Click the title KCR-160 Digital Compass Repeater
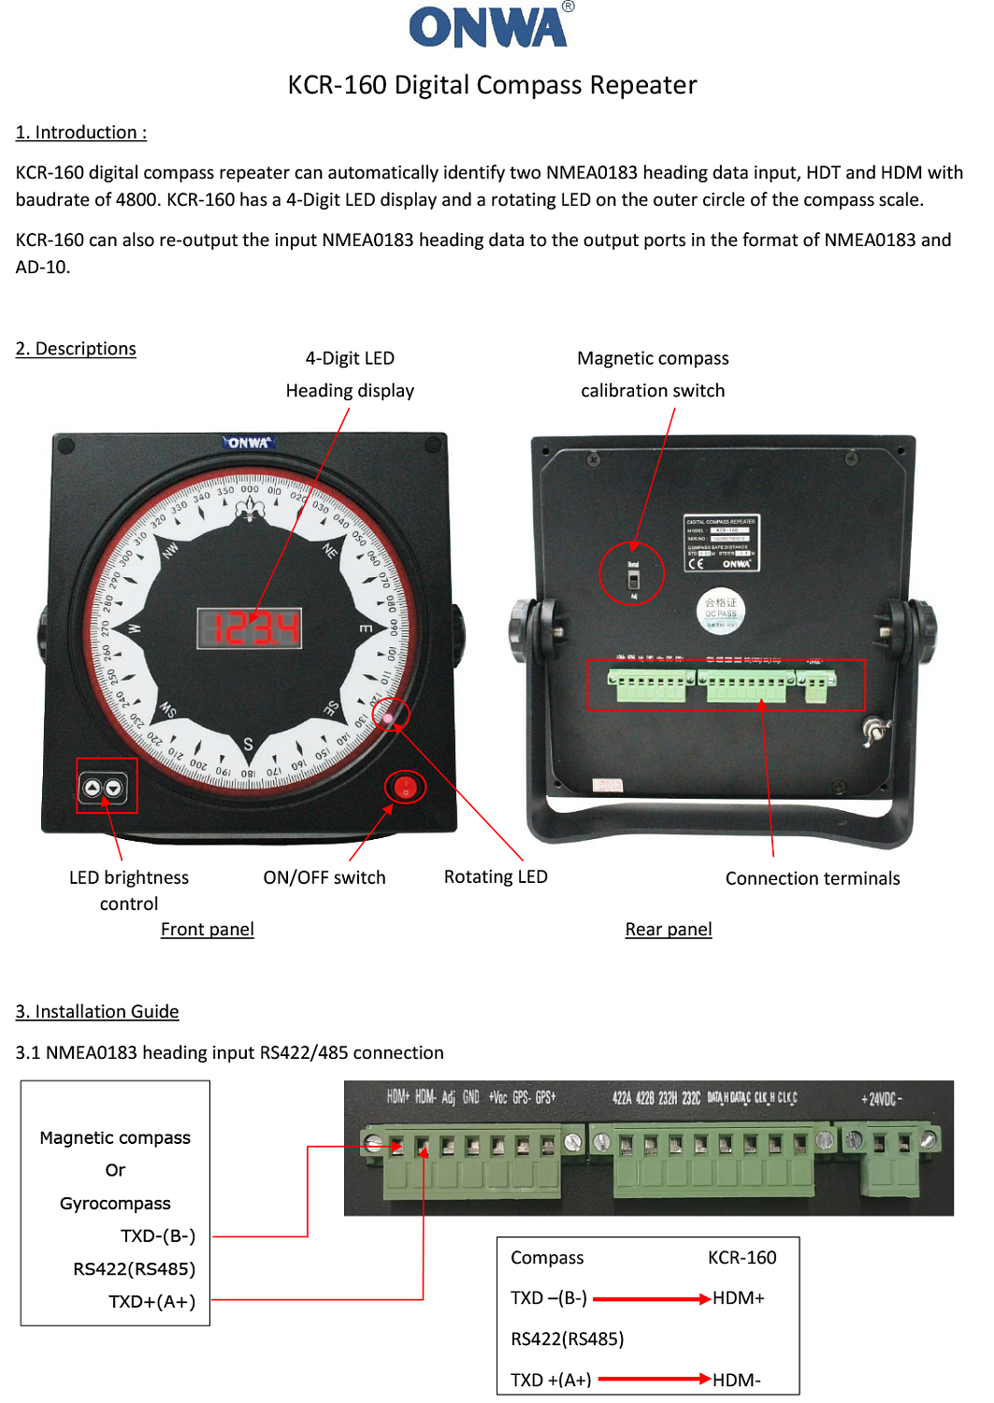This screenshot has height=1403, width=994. (x=492, y=85)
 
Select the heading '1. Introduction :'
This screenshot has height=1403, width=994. (x=81, y=132)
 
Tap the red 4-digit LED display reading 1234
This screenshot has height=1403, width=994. (x=250, y=628)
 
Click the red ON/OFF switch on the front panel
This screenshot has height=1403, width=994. (x=405, y=787)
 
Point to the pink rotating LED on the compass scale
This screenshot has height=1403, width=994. (x=388, y=718)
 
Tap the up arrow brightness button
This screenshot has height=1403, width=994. (x=93, y=788)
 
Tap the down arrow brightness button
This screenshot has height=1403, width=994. (x=114, y=788)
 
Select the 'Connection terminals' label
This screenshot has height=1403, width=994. (x=813, y=878)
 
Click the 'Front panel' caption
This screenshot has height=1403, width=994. (x=207, y=929)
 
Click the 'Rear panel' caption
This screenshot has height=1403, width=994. (x=669, y=929)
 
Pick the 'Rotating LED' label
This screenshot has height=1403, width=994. (x=496, y=876)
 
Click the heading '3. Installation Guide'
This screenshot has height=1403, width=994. (x=97, y=1011)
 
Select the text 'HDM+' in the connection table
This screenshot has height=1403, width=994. (x=739, y=1297)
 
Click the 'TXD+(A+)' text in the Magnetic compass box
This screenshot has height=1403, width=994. (x=151, y=1301)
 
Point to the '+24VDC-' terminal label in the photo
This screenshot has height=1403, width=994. (x=881, y=1099)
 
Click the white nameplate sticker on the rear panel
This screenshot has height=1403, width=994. (x=722, y=542)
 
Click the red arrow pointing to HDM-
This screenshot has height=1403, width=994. (x=654, y=1379)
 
